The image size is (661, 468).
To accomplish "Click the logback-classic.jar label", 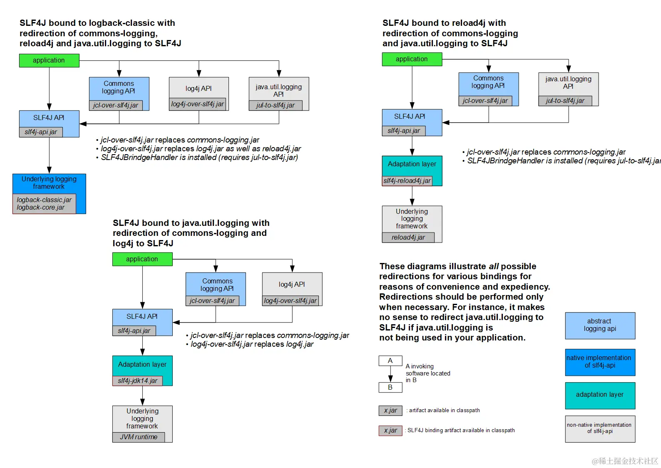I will [x=44, y=200].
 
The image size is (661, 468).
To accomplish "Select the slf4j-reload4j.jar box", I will [x=407, y=181].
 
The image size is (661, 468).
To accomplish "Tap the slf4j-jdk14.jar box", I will [x=137, y=380].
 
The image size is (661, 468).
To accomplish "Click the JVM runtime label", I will [x=139, y=437].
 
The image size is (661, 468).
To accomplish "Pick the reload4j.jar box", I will [x=408, y=238].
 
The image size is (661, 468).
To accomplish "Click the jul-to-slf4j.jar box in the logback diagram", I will [x=276, y=105].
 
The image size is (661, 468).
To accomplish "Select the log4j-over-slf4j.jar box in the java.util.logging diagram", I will [x=291, y=301].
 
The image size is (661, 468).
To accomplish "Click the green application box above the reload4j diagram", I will [x=412, y=59].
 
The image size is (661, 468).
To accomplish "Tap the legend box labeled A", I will [x=390, y=361].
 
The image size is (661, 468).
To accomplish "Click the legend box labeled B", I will [x=390, y=388].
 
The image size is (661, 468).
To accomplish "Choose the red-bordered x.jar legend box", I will [x=390, y=430].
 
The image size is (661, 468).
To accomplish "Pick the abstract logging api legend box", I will [x=600, y=325].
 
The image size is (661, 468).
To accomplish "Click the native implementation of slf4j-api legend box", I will [x=600, y=362].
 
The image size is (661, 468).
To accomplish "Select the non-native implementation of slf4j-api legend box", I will [x=600, y=429].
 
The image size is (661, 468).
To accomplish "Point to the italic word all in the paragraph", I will [x=493, y=266].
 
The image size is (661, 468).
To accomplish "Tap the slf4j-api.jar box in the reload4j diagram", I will [x=404, y=131].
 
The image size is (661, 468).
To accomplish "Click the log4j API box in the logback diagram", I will [x=199, y=89].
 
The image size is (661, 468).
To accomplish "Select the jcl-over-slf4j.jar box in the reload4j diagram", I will [x=485, y=101].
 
